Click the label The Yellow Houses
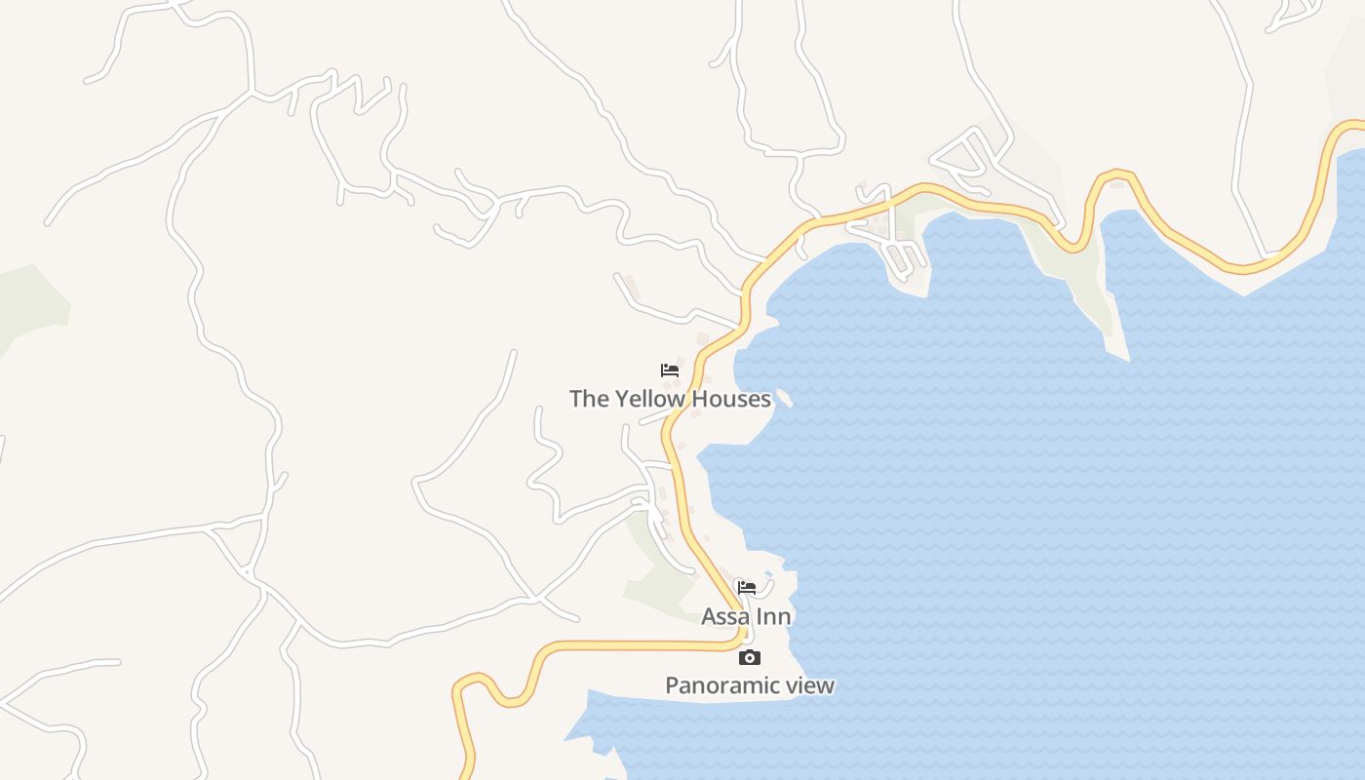point(670,399)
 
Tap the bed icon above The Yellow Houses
point(670,370)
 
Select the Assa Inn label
point(746,616)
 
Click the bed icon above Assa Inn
point(747,587)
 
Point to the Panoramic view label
point(749,685)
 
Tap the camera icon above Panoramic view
point(749,658)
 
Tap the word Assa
point(725,616)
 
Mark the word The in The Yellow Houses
point(589,399)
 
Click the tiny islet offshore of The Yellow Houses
point(783,399)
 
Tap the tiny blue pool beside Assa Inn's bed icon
point(768,574)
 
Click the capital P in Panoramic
point(672,685)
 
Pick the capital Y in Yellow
point(621,399)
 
